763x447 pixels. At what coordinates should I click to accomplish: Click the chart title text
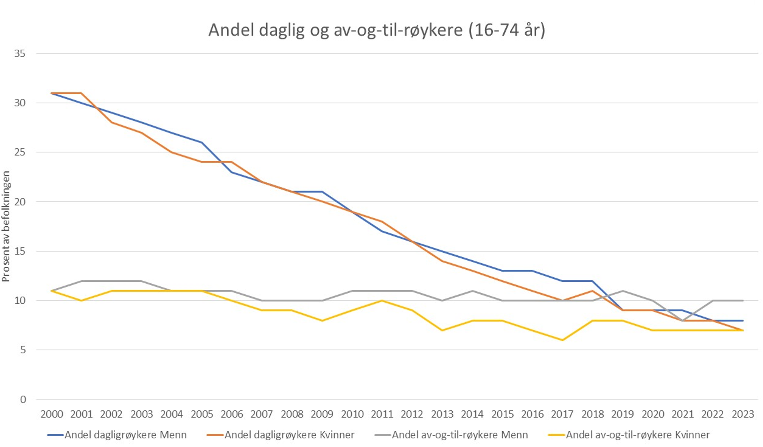coord(377,30)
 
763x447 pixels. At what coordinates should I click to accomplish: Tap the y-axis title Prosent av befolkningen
coord(6,226)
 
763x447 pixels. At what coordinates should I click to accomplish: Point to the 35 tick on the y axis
coord(20,54)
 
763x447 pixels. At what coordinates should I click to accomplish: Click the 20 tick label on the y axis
coord(20,202)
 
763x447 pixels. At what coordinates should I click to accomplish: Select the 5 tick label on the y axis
coord(23,350)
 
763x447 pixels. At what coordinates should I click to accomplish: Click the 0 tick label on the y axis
coord(23,400)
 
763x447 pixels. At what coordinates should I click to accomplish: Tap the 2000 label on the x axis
coord(52,414)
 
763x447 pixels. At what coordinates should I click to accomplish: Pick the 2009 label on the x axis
coord(322,414)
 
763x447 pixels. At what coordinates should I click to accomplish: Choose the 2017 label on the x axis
coord(562,414)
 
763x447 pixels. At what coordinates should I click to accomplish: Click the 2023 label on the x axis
coord(743,414)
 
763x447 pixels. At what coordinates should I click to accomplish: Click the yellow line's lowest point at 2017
coord(562,340)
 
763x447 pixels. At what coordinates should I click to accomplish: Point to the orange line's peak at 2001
coord(81,93)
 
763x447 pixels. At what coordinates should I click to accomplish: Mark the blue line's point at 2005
coord(202,142)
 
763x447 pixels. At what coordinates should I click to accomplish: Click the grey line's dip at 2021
coord(682,320)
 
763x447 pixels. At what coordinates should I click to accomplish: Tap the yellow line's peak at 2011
coord(382,301)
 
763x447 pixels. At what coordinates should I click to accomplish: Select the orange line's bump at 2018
coord(592,291)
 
